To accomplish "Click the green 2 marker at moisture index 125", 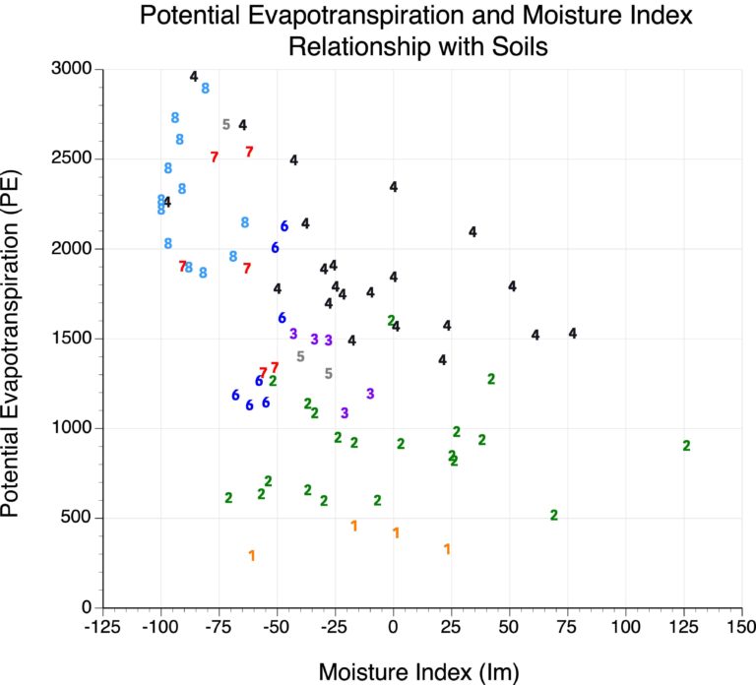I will pos(686,446).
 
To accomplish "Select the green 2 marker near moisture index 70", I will pos(554,515).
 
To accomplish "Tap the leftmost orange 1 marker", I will pos(252,556).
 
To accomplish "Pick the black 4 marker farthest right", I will pos(572,334).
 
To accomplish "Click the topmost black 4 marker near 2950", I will pos(194,77).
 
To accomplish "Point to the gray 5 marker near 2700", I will pos(225,125).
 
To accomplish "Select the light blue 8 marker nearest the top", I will pos(205,89).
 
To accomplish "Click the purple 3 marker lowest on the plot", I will pos(345,413).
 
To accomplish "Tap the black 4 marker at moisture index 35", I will pos(472,232).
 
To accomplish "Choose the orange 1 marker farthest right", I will pos(447,549).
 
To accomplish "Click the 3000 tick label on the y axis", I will pos(72,69).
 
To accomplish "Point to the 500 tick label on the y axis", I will pos(78,518).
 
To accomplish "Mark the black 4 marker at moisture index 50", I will pos(512,286).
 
